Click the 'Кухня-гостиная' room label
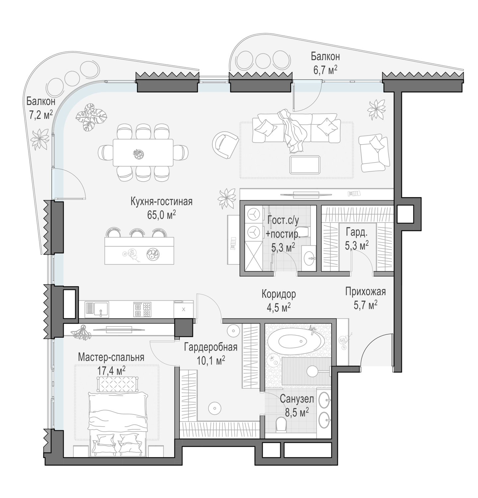[162, 202]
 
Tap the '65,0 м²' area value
[162, 215]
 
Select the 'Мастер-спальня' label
[111, 357]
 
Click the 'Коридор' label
[279, 294]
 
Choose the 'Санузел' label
[297, 399]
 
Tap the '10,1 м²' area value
[211, 360]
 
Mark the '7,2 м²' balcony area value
[41, 115]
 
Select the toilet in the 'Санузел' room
[281, 424]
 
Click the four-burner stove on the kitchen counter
[142, 309]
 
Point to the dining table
[143, 152]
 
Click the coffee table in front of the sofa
[305, 165]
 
